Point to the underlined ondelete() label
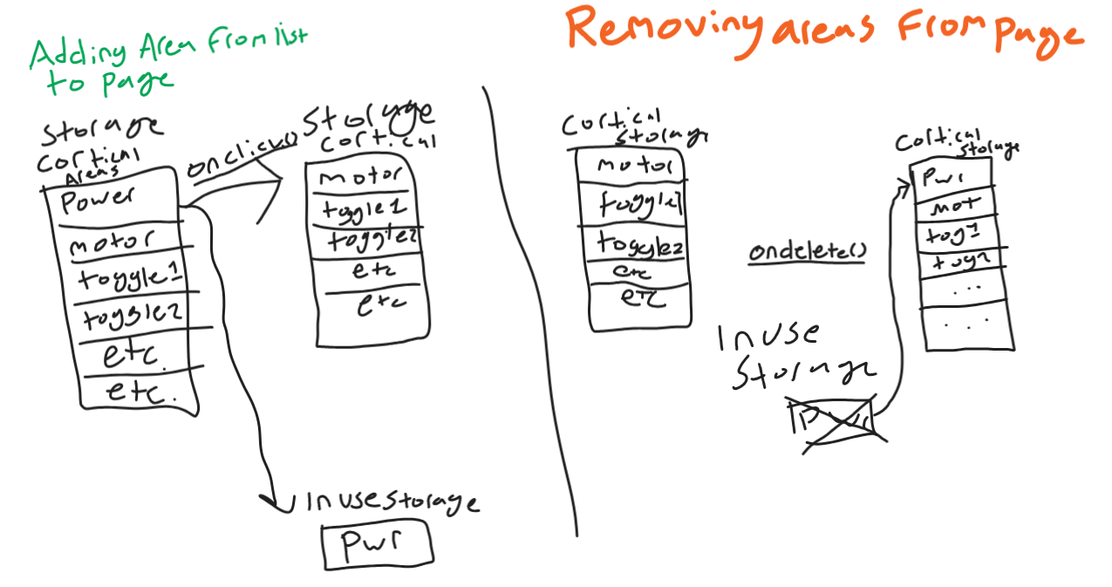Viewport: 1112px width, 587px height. [807, 252]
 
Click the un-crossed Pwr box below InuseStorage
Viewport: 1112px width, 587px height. [377, 544]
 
